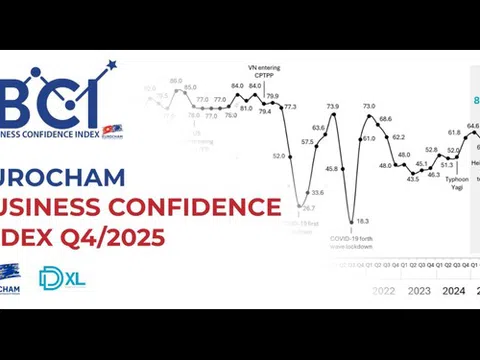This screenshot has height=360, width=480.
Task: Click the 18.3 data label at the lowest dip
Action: coord(362,221)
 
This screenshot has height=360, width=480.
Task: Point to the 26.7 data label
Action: coord(309,208)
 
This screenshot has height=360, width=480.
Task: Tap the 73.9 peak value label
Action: coord(333,106)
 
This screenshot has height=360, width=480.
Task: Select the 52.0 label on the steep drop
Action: coord(279,155)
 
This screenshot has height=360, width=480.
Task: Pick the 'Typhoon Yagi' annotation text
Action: coord(456,183)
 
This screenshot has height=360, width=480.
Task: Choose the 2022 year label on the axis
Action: coord(383,291)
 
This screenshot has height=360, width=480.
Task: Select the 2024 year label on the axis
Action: coord(454,291)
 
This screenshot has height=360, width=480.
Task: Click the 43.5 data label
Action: coord(412,179)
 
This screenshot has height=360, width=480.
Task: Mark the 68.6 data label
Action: coord(385,119)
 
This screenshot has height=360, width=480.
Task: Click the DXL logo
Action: coord(62,277)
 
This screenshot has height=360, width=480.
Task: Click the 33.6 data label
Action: coord(317,192)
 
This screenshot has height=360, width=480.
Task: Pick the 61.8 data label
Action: coord(454,132)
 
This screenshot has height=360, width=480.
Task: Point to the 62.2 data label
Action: coord(398,137)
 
